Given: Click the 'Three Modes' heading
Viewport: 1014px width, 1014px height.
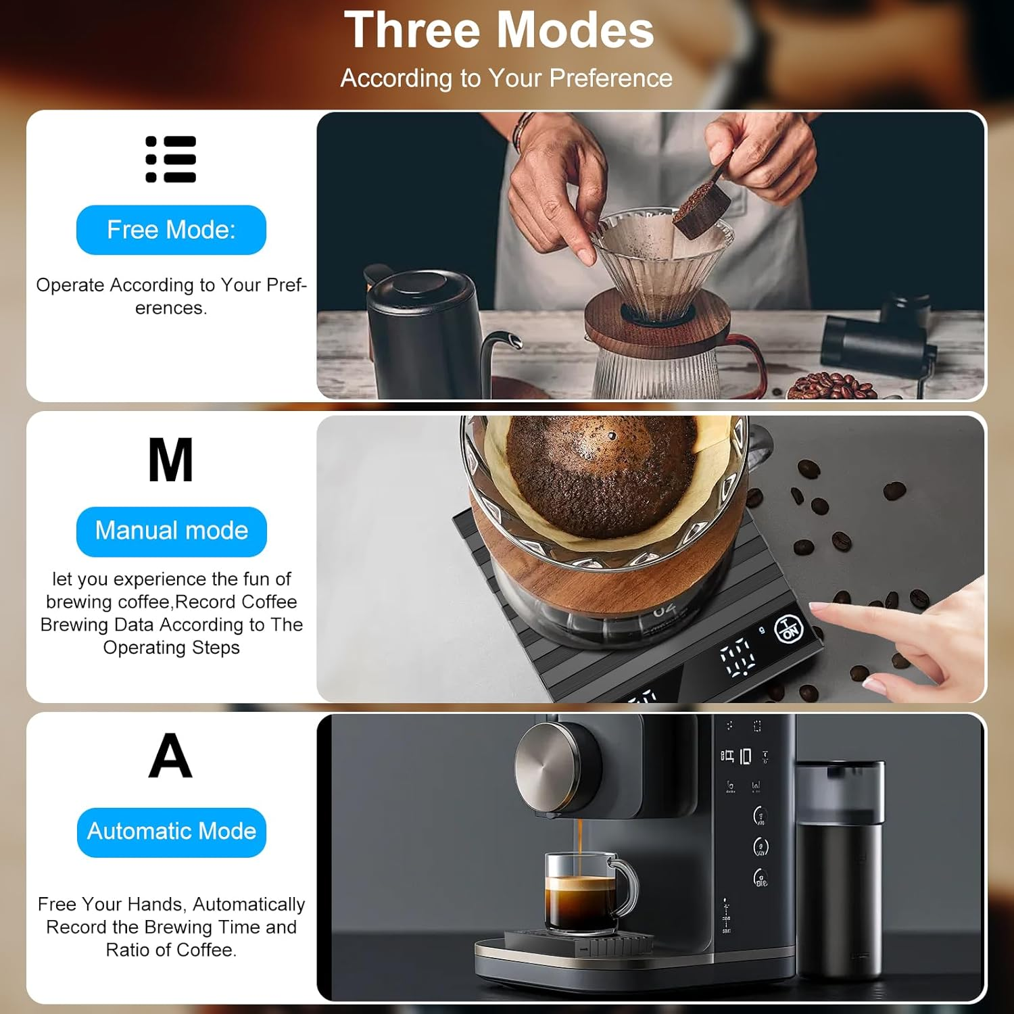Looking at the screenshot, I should [499, 30].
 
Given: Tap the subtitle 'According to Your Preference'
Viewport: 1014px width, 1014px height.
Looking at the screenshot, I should [506, 78].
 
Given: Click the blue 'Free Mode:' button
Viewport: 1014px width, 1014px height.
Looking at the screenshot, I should [171, 230].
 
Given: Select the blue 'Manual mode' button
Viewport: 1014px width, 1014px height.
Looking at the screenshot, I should [171, 531].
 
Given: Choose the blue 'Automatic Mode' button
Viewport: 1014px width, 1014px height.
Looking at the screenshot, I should [171, 831].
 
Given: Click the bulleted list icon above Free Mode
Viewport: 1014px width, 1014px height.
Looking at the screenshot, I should [171, 160].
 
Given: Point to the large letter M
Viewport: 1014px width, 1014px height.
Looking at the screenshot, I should [170, 460].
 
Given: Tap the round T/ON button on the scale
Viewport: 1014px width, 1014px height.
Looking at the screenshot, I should [789, 630].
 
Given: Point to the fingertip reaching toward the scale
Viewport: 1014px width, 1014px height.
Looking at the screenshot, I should [818, 609].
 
